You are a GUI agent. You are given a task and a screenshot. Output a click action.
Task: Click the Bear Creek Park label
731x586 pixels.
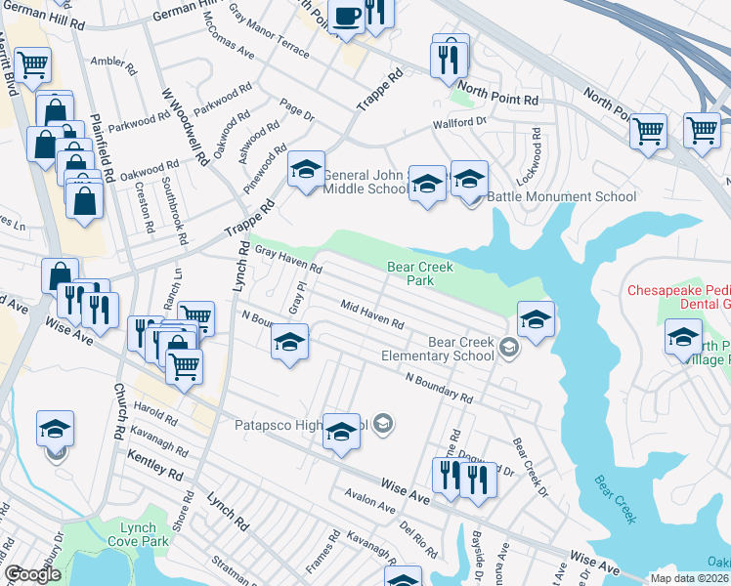coord(423,272)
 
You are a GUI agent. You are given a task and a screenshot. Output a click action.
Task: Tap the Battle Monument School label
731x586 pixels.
coord(561,196)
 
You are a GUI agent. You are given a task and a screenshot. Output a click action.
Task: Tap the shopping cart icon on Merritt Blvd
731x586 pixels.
coord(32,64)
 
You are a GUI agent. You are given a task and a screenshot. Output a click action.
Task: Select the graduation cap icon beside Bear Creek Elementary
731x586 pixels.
coord(536,319)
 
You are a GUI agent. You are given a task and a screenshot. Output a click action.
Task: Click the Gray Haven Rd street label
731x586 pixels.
coord(288,260)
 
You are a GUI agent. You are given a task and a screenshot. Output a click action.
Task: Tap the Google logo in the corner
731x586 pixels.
coord(32,574)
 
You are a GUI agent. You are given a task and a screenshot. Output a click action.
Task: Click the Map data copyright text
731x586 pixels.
coord(689,578)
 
